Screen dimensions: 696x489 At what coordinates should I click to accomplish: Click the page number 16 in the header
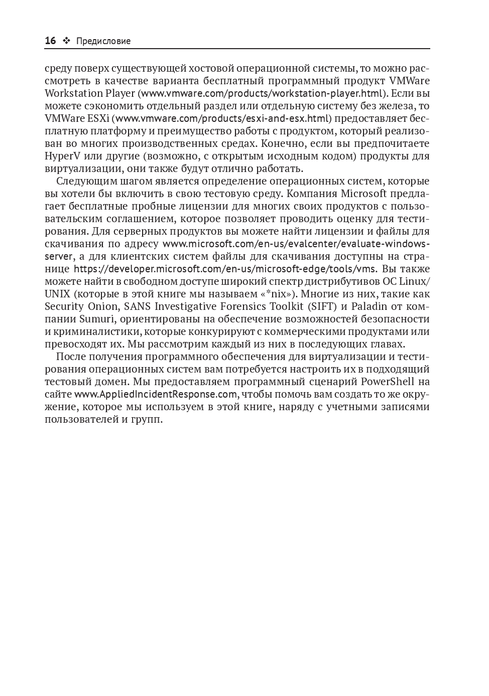tap(50, 41)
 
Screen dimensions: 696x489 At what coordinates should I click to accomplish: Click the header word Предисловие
tap(103, 41)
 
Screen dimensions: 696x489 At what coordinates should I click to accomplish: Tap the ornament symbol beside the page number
tap(66, 41)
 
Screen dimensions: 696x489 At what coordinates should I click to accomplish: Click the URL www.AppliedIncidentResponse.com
tap(155, 394)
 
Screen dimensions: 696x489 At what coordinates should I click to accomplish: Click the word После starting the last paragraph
tap(70, 357)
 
